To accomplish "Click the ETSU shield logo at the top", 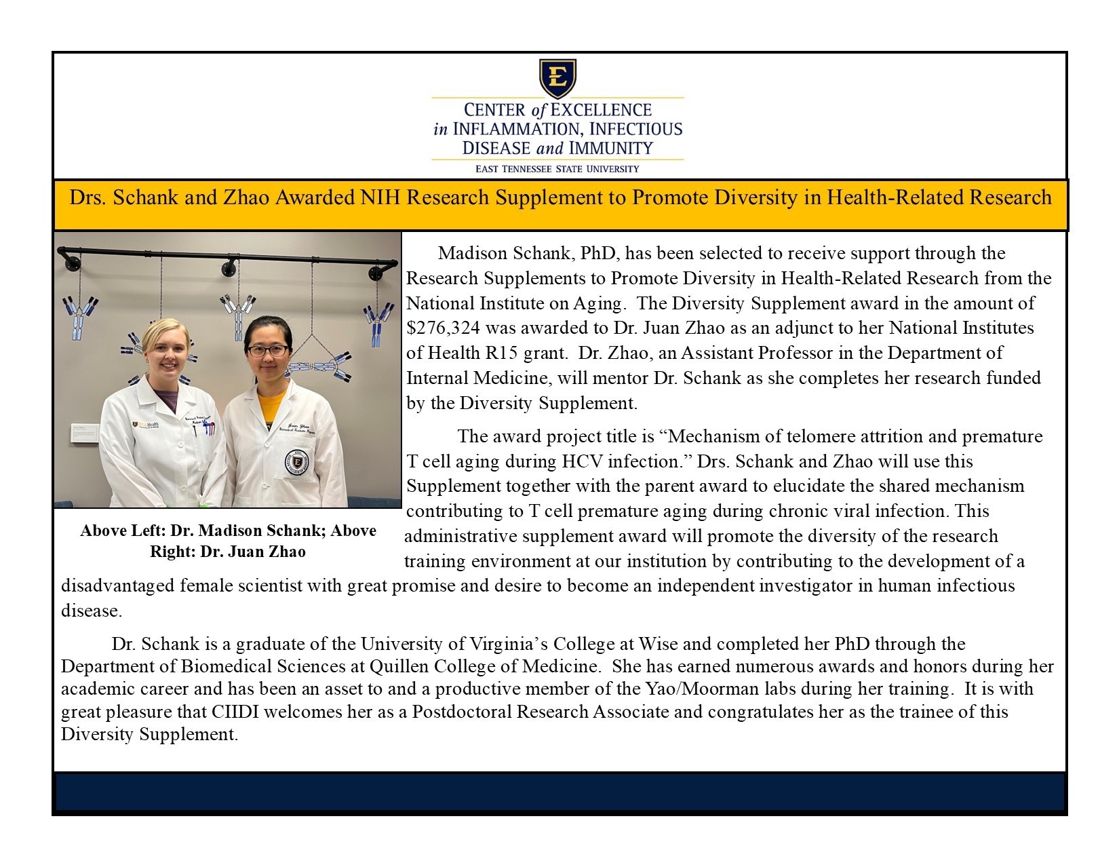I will (557, 78).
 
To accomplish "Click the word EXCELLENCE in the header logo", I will (601, 110).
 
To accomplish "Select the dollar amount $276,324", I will (443, 328).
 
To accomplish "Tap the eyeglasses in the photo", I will (267, 351).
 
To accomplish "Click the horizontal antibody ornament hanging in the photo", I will (320, 368).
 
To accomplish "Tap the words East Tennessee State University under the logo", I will (557, 169).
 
